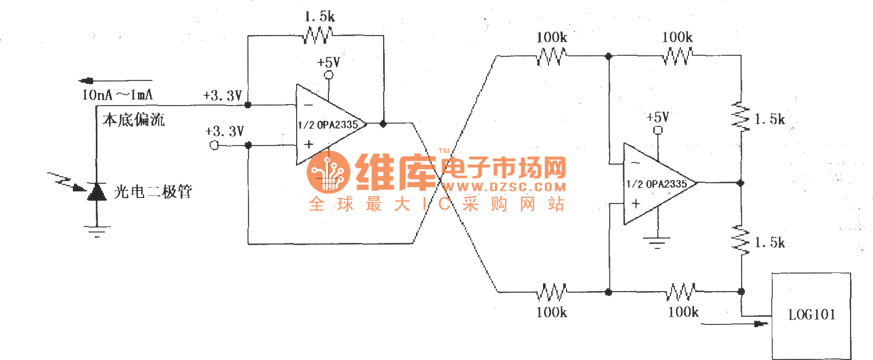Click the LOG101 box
[811, 315]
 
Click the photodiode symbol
[97, 191]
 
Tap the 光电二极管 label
[153, 192]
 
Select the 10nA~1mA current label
[117, 95]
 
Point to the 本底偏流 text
[134, 120]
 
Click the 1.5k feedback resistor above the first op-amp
[317, 36]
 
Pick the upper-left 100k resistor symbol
[551, 56]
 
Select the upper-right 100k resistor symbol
[678, 56]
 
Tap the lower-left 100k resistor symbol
[551, 292]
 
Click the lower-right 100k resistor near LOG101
[681, 292]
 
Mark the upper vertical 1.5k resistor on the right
[741, 117]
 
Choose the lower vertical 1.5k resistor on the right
[741, 241]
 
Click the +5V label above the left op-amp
[328, 62]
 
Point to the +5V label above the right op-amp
[657, 117]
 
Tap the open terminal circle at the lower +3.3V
[214, 145]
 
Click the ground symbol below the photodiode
[97, 231]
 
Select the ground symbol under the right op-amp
[657, 242]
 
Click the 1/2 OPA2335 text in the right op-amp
[657, 184]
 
